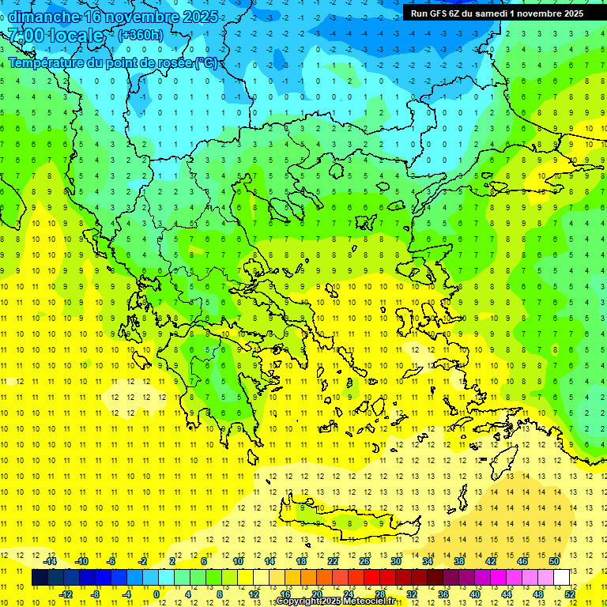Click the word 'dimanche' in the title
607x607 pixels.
click(x=44, y=16)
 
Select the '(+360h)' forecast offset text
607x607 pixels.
click(x=141, y=35)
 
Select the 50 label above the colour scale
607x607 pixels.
click(x=553, y=561)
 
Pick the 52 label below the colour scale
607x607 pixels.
click(x=570, y=594)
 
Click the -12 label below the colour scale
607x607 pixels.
click(x=66, y=594)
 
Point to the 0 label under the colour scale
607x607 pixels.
click(x=156, y=594)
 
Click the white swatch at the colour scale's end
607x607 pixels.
click(x=561, y=578)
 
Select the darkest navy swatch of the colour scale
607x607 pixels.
click(x=40, y=578)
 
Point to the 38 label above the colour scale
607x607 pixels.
click(x=458, y=561)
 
